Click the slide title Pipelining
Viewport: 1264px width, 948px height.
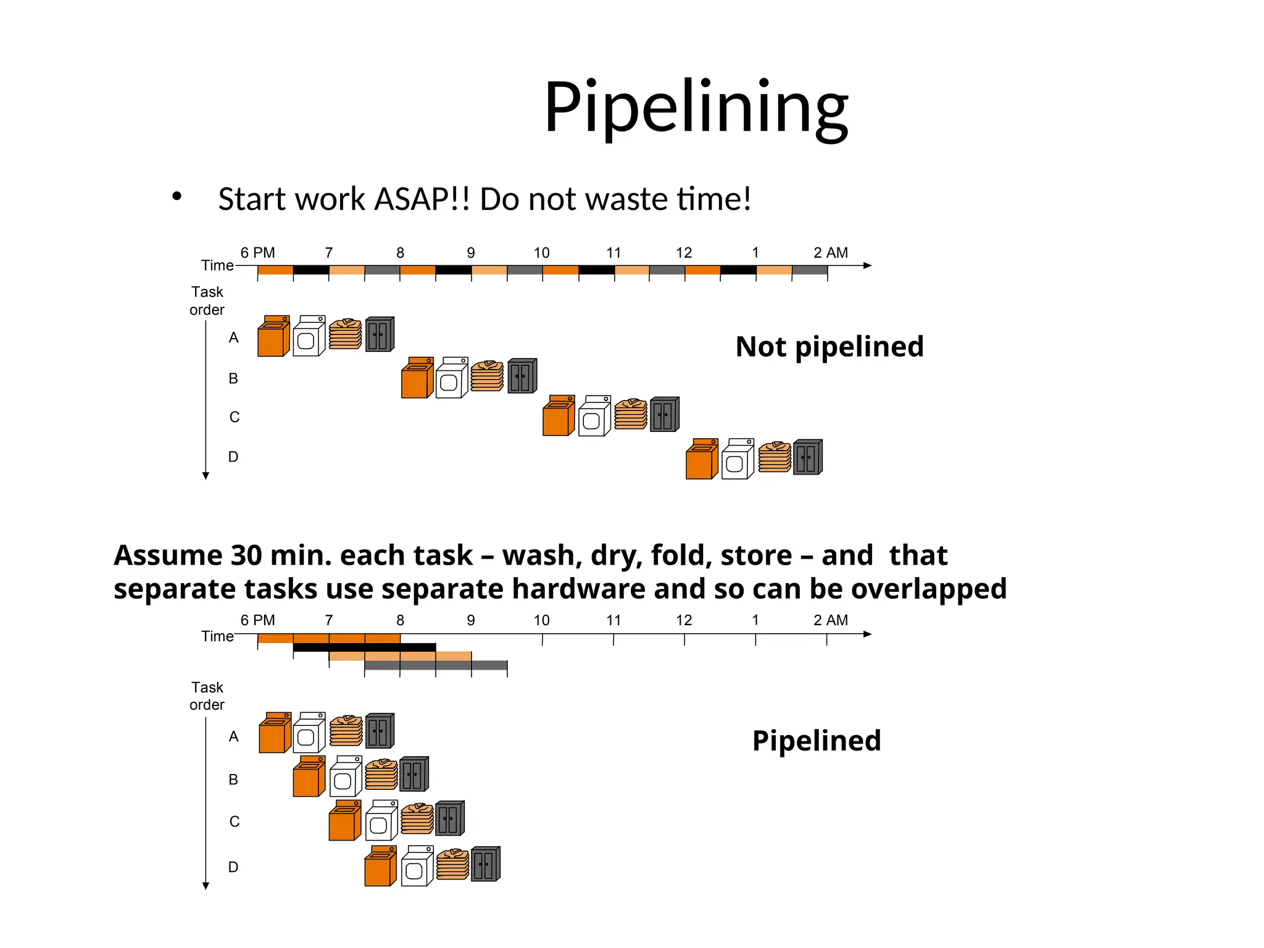click(696, 108)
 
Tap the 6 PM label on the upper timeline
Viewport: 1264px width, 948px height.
click(257, 252)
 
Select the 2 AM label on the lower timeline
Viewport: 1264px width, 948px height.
click(830, 620)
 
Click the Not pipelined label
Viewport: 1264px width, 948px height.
click(829, 346)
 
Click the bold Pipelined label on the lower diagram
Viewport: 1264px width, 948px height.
click(816, 740)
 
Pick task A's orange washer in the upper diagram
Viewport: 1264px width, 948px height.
click(273, 337)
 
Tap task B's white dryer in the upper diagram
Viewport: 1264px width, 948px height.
click(451, 378)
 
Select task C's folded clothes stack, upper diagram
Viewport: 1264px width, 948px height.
click(631, 414)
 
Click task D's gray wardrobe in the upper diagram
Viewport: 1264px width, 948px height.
click(807, 457)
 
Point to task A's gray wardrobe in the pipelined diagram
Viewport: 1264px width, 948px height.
click(379, 731)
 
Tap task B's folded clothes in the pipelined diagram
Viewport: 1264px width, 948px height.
click(381, 775)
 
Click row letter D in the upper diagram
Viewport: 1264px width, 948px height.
click(233, 457)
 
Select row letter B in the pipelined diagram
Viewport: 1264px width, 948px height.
click(233, 780)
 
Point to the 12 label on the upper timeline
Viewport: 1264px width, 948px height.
click(684, 252)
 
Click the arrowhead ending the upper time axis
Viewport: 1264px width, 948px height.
click(867, 265)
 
